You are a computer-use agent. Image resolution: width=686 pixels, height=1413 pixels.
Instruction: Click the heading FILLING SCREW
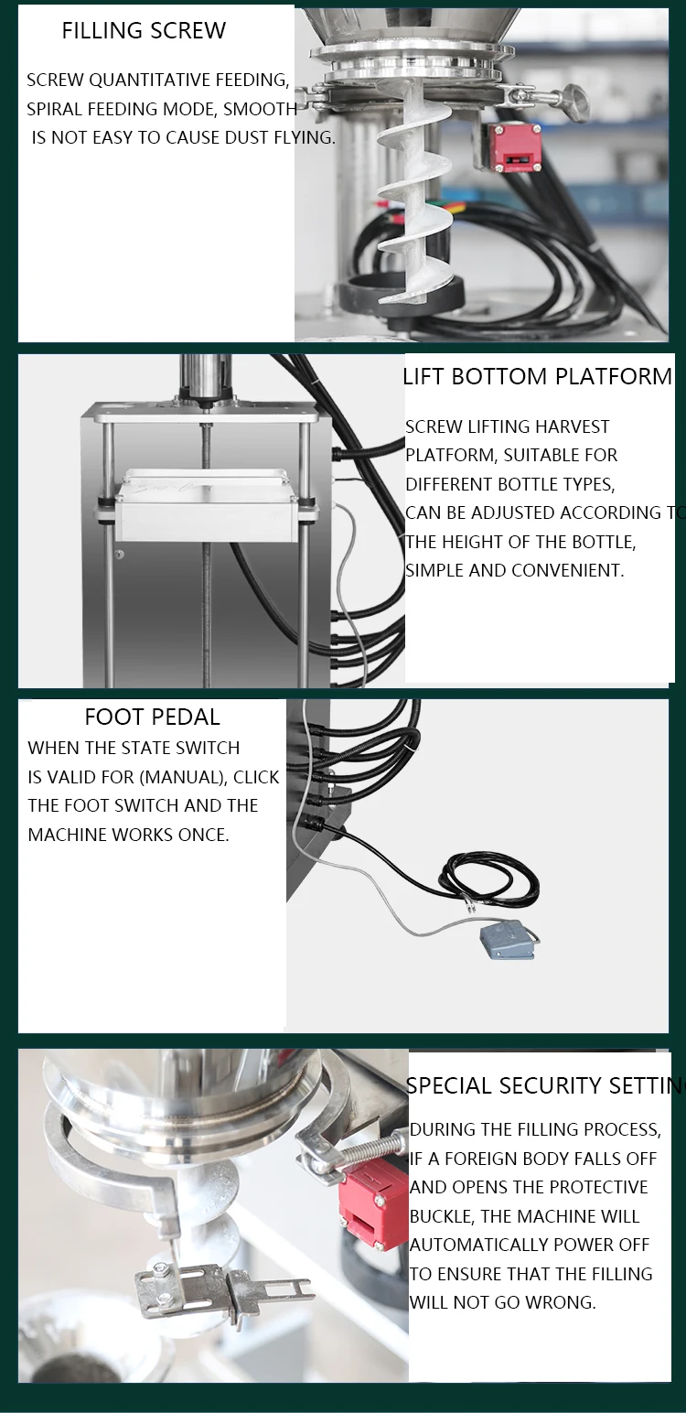tap(144, 31)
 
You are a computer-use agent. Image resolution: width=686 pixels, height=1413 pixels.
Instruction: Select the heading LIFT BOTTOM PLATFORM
tap(537, 377)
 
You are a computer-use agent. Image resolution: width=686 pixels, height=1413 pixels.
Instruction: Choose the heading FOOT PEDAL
tap(152, 717)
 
